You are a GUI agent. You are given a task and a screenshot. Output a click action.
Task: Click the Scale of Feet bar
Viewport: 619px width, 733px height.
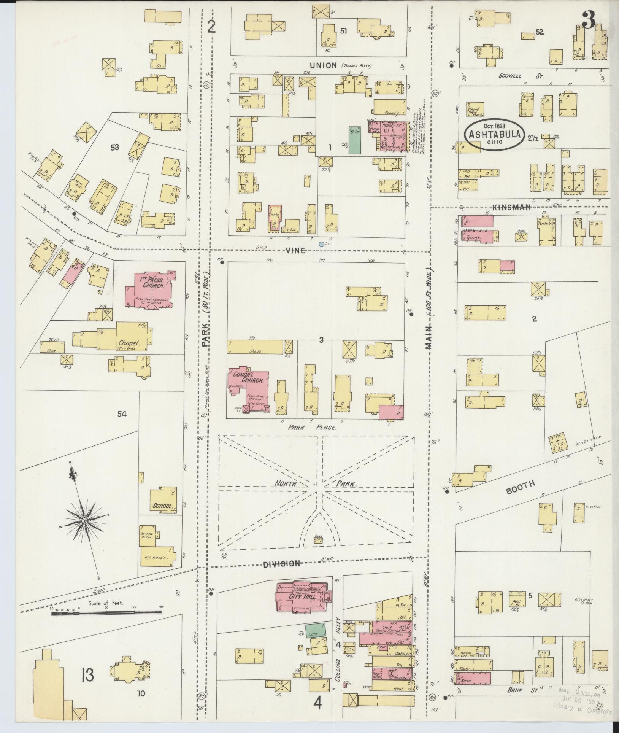point(106,613)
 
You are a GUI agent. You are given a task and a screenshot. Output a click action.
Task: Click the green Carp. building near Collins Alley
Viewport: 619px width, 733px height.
point(316,630)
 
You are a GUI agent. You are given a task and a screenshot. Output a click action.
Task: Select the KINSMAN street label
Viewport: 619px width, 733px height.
point(511,207)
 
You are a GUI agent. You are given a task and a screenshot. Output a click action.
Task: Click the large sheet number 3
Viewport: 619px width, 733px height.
point(589,21)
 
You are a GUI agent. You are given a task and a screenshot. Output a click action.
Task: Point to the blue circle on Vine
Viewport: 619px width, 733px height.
point(321,244)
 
